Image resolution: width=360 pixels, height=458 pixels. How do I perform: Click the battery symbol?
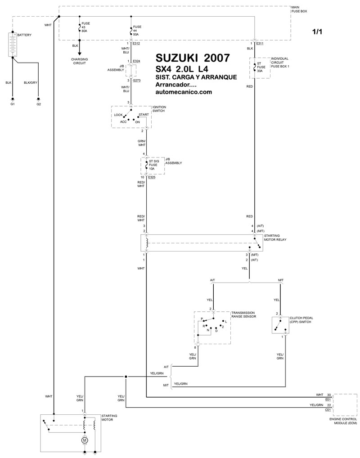[x=13, y=45]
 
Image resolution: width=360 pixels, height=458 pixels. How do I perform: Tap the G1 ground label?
[x=13, y=104]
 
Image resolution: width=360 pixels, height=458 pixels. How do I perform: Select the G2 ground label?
[x=39, y=104]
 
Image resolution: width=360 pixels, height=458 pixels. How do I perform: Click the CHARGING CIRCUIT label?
[x=80, y=61]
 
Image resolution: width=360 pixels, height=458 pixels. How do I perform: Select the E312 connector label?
[x=136, y=44]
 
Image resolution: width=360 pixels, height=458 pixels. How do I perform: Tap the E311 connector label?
[x=260, y=44]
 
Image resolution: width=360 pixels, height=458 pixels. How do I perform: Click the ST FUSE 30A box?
[x=260, y=68]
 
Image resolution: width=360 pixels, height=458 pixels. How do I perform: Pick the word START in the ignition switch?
[x=144, y=114]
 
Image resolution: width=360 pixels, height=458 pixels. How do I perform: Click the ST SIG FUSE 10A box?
[x=153, y=166]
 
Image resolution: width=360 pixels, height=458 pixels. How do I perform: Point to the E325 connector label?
[x=152, y=177]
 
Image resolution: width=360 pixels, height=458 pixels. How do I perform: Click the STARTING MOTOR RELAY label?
[x=275, y=238]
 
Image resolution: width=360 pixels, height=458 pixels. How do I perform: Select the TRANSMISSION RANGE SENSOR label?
[x=244, y=314]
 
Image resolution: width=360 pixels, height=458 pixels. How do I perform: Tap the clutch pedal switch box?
[x=281, y=325]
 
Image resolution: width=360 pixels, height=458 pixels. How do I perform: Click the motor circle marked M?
[x=85, y=440]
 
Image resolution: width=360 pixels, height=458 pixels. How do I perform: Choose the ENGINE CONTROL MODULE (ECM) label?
[x=343, y=421]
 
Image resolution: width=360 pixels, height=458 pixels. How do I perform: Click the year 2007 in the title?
[x=217, y=58]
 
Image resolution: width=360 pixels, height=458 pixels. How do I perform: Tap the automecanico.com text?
[x=184, y=92]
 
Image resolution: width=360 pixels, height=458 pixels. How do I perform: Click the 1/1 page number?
[x=317, y=31]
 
